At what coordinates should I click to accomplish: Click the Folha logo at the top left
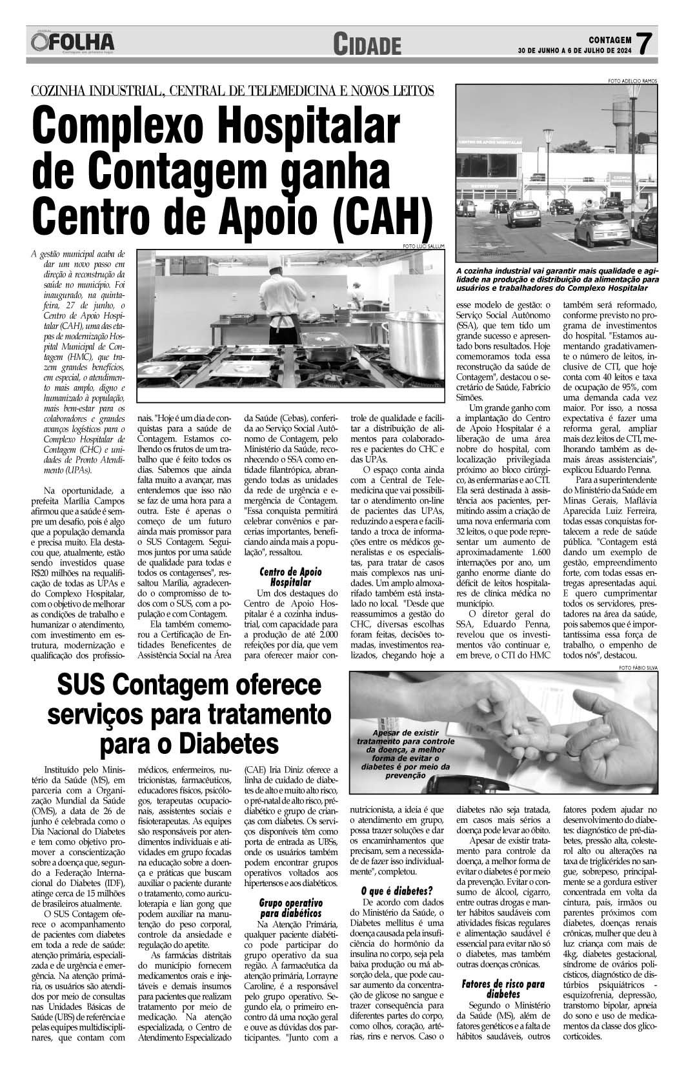click(72, 43)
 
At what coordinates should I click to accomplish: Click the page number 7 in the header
click(641, 44)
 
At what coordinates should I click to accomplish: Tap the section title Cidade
click(367, 44)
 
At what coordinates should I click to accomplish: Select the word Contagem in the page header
click(610, 38)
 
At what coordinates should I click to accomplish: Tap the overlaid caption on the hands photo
click(400, 755)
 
